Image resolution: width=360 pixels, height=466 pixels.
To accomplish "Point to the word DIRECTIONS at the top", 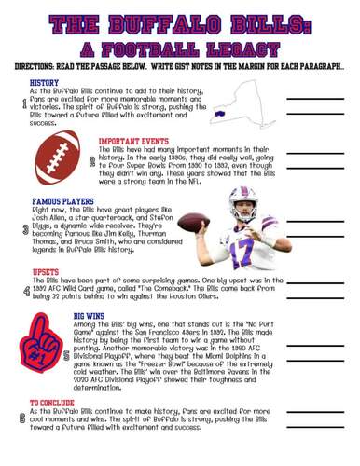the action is point(38,67).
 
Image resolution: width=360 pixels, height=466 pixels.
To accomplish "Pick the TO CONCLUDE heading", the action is point(52,402).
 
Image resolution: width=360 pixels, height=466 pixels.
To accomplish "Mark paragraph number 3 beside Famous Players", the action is point(22,227).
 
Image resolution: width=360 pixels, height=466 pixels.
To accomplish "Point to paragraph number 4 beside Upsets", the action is point(22,291).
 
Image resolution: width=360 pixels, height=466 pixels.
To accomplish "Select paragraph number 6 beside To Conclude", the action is point(22,418).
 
